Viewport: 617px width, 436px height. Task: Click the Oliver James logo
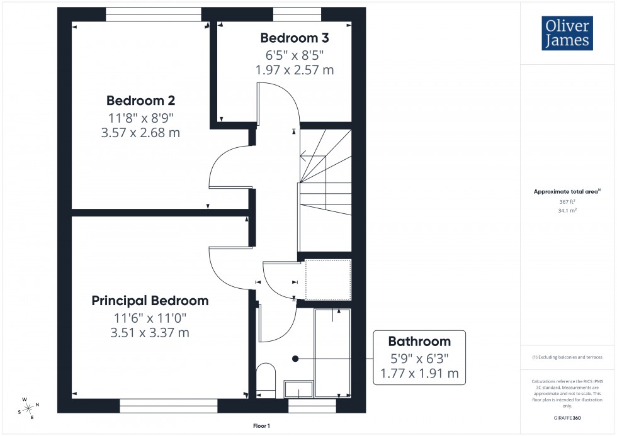(x=567, y=33)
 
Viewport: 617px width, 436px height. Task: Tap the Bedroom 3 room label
(x=295, y=37)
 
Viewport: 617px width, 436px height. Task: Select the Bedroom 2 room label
(x=140, y=101)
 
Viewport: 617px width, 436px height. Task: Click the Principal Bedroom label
(x=150, y=301)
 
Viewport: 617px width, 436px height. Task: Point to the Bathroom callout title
(x=419, y=342)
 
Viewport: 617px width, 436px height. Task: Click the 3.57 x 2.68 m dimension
(x=140, y=133)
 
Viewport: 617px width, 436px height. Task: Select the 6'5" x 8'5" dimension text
(x=295, y=54)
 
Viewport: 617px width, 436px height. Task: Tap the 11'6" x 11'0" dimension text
(x=150, y=318)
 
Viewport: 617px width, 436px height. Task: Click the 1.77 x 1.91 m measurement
(x=419, y=375)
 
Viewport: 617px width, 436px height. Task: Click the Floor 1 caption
(x=261, y=426)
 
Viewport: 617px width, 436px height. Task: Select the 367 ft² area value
(x=568, y=202)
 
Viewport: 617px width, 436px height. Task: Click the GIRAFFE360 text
(x=568, y=417)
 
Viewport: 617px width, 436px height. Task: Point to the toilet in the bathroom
(x=266, y=380)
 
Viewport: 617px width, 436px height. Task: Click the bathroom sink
(x=298, y=389)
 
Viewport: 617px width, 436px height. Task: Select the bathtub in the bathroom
(x=332, y=352)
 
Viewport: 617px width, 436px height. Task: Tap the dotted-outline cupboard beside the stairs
(x=327, y=279)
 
